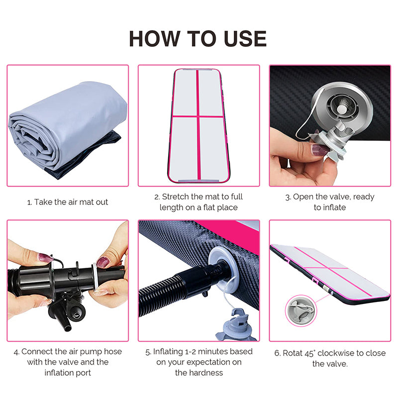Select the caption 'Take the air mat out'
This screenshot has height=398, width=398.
pyautogui.click(x=71, y=202)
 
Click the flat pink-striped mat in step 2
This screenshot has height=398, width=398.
pyautogui.click(x=199, y=126)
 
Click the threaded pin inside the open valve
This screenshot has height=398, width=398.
pyautogui.click(x=342, y=106)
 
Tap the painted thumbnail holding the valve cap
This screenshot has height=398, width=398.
pyautogui.click(x=320, y=150)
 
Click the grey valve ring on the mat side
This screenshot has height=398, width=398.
pyautogui.click(x=223, y=269)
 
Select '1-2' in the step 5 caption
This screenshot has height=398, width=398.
pyautogui.click(x=190, y=352)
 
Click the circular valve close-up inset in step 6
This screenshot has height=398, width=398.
pyautogui.click(x=301, y=310)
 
